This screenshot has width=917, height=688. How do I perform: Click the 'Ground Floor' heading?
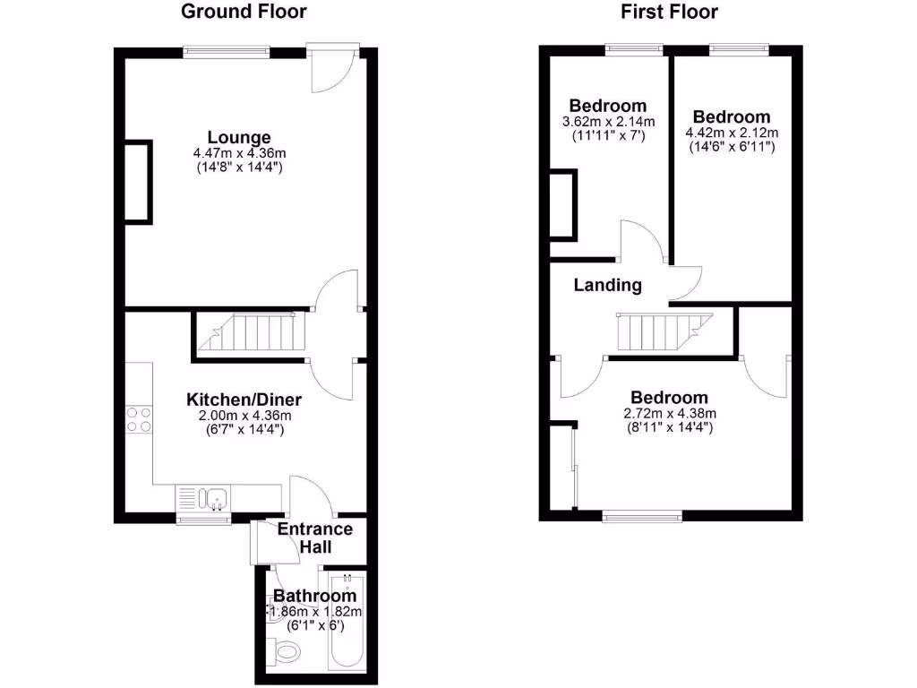pyautogui.click(x=244, y=12)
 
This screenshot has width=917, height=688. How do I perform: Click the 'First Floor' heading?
pyautogui.click(x=670, y=12)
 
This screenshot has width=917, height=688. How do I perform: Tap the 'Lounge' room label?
pyautogui.click(x=239, y=137)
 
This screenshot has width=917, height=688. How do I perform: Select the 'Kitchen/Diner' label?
pyautogui.click(x=244, y=399)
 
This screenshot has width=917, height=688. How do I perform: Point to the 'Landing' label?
pyautogui.click(x=608, y=286)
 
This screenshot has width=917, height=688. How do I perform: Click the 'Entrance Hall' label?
pyautogui.click(x=314, y=537)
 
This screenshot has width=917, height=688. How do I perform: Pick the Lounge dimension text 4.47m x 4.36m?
pyautogui.click(x=239, y=153)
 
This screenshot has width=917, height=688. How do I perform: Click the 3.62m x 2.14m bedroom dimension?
pyautogui.click(x=608, y=122)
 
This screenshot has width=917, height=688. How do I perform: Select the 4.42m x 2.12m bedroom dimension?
pyautogui.click(x=732, y=133)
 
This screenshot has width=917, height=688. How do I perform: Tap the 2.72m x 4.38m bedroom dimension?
pyautogui.click(x=669, y=413)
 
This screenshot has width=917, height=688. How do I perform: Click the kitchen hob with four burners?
pyautogui.click(x=139, y=419)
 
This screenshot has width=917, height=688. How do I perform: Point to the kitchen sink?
pyautogui.click(x=214, y=497)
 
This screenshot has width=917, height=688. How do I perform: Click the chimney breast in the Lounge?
pyautogui.click(x=138, y=182)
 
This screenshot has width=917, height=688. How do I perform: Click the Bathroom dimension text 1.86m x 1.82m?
pyautogui.click(x=315, y=612)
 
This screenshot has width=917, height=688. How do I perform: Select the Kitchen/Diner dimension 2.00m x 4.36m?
pyautogui.click(x=244, y=415)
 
